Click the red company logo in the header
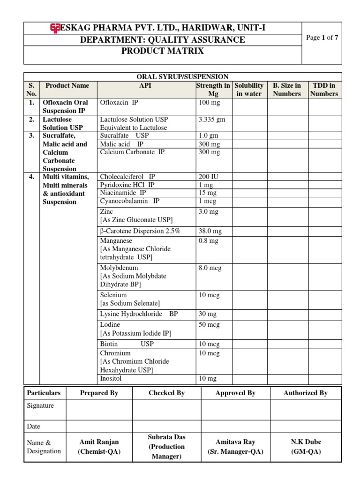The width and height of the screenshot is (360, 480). (x=54, y=28)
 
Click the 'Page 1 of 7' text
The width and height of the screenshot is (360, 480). (x=321, y=38)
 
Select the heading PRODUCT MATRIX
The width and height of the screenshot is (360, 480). (x=163, y=51)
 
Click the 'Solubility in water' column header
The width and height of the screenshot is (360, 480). (x=249, y=90)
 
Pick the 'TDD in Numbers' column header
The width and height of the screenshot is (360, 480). (x=323, y=90)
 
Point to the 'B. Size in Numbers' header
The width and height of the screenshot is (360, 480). (x=287, y=90)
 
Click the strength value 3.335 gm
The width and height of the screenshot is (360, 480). (x=212, y=120)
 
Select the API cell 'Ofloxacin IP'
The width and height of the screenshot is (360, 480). (x=119, y=102)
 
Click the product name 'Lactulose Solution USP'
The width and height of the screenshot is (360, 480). (x=62, y=123)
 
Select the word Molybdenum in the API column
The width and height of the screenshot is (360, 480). (x=119, y=268)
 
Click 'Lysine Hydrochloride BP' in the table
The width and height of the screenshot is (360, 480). (x=139, y=314)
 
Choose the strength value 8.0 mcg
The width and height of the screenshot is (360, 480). (x=210, y=268)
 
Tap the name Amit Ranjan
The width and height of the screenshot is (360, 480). (x=99, y=442)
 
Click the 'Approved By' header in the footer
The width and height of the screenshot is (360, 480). (x=235, y=393)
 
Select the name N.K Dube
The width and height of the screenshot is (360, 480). (x=306, y=442)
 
